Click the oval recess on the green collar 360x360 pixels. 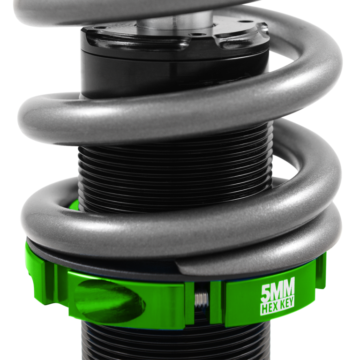109,300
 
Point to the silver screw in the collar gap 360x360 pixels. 202,299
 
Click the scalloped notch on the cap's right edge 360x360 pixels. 239,41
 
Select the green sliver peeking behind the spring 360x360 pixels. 74,205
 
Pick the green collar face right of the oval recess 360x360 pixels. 166,305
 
